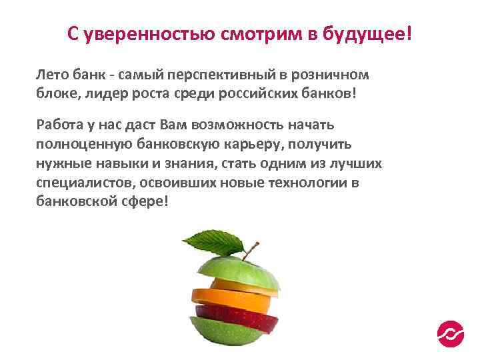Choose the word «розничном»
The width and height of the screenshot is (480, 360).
coord(330,75)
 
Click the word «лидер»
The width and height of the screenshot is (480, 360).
coord(110,93)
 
